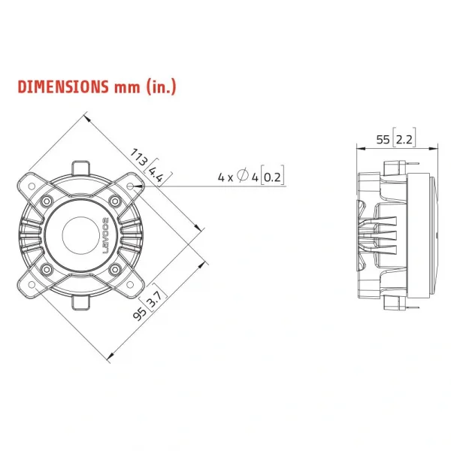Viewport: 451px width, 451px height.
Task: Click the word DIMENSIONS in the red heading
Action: [x=63, y=86]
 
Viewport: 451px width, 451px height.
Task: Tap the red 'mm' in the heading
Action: [x=127, y=86]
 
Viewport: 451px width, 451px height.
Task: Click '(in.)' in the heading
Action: [x=161, y=86]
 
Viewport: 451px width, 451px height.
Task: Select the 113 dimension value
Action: [x=139, y=157]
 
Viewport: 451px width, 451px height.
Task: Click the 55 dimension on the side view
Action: [x=383, y=139]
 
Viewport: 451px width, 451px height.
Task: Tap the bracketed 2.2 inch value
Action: [x=404, y=139]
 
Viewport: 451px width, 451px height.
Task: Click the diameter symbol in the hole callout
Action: [x=242, y=177]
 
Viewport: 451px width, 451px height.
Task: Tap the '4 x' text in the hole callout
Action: [x=225, y=177]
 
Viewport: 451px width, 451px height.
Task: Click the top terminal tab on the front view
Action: [x=81, y=166]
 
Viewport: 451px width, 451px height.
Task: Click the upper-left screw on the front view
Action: [x=47, y=201]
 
